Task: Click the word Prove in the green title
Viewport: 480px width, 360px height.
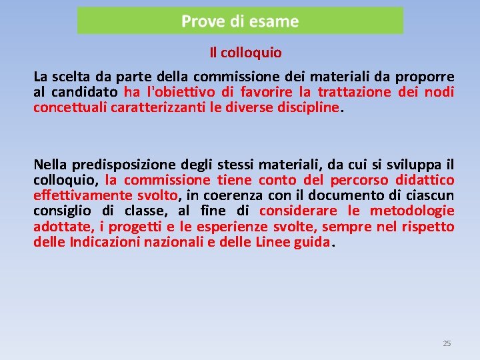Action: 203,21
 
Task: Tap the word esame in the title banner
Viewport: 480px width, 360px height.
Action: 275,21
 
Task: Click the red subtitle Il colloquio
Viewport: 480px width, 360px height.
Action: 245,52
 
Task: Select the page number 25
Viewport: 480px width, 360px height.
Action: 447,343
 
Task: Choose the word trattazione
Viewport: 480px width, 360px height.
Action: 354,92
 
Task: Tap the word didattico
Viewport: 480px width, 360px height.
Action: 425,180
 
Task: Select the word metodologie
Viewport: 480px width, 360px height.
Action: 412,211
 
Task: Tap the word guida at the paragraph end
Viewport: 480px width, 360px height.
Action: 311,243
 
